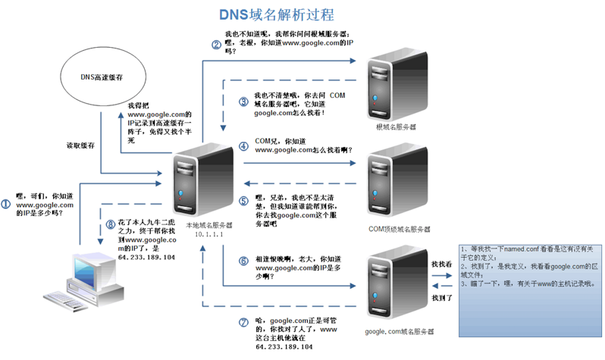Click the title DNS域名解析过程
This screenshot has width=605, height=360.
tap(277, 14)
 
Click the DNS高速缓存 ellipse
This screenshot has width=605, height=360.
tap(101, 78)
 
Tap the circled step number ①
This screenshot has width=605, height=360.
tap(6, 204)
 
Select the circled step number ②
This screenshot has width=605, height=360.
tap(216, 45)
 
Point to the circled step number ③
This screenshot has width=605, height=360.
tap(243, 102)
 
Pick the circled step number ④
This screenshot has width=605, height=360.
tap(243, 146)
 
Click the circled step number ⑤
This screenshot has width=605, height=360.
tap(243, 201)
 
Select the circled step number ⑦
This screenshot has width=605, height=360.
tap(243, 322)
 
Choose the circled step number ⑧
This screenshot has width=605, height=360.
tap(111, 224)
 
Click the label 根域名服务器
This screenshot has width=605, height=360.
tap(396, 127)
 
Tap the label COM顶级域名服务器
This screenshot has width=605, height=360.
tap(399, 228)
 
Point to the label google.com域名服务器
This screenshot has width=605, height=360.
tap(400, 332)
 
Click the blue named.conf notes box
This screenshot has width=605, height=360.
tap(530, 288)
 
